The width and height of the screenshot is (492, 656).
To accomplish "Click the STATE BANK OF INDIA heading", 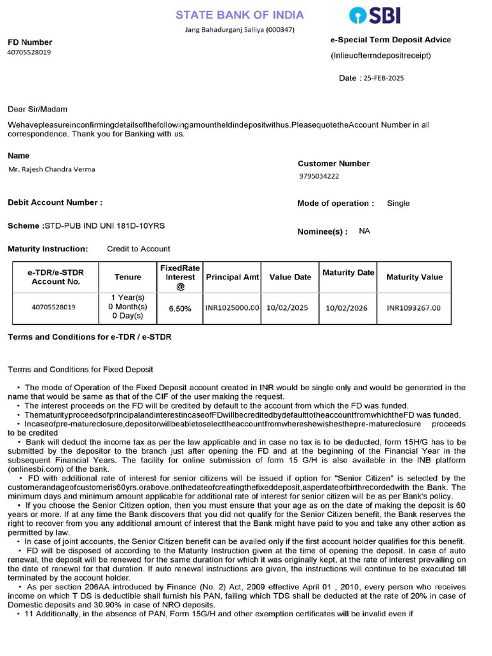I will click(x=240, y=15).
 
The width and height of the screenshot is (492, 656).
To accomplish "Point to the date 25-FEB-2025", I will click(x=384, y=78).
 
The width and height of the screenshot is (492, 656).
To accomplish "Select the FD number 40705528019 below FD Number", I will click(x=29, y=53).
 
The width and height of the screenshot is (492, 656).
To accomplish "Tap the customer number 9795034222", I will click(x=319, y=176).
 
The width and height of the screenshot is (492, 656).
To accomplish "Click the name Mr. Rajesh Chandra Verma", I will click(x=51, y=169).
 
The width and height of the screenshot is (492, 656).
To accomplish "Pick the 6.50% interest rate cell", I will click(x=180, y=308).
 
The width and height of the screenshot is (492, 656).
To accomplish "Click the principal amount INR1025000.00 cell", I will click(x=232, y=307).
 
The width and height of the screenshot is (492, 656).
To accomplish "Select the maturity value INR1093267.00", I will click(x=414, y=307).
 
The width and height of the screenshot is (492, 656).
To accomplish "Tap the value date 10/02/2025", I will click(x=287, y=307).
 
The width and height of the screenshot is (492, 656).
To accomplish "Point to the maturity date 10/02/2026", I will click(x=347, y=307).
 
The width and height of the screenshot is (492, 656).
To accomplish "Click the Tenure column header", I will click(x=128, y=277).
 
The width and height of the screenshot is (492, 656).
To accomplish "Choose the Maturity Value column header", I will click(x=414, y=277).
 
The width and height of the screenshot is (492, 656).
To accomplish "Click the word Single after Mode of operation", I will click(x=398, y=203).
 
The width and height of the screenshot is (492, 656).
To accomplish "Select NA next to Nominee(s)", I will click(x=365, y=231).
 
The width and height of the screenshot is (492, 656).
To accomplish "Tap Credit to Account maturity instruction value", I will click(x=138, y=249).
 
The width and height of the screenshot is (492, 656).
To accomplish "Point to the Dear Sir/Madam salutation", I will click(x=37, y=110).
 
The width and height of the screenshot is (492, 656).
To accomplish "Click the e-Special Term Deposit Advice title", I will click(x=390, y=40).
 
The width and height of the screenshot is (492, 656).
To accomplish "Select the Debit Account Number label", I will click(x=54, y=202).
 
